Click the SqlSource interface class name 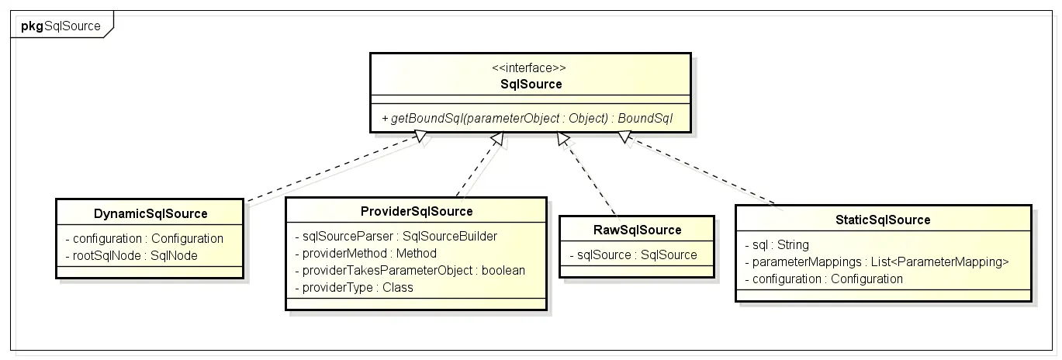click(531, 84)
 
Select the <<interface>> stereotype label click(531, 68)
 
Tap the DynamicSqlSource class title click(150, 213)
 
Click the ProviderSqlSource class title click(417, 211)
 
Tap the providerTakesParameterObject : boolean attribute click(410, 270)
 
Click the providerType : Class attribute click(354, 287)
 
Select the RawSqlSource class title click(636, 230)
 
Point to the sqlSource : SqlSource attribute click(632, 254)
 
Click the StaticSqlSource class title click(884, 220)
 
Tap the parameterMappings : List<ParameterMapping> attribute click(876, 261)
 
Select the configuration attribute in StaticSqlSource click(823, 279)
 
